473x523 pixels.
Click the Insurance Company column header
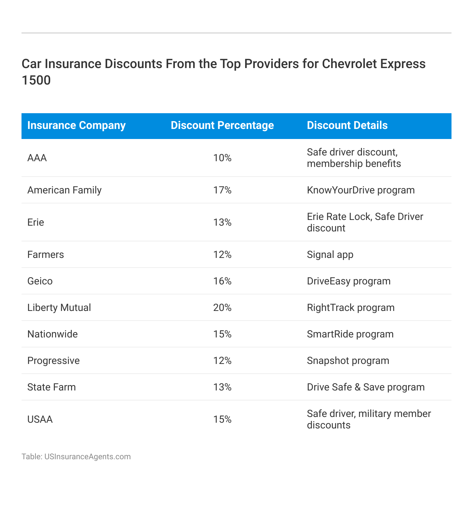click(x=76, y=125)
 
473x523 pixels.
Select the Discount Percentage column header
click(x=222, y=125)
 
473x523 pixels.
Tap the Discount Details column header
click(x=347, y=125)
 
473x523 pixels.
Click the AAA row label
click(x=37, y=158)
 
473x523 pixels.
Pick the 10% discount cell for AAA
click(x=222, y=158)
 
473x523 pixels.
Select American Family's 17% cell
click(x=222, y=190)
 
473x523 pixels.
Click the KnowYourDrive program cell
click(x=361, y=190)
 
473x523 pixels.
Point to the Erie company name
click(x=36, y=222)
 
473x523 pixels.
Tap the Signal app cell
click(x=330, y=255)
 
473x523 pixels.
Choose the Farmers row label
click(x=46, y=255)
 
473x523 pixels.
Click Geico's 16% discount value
click(x=222, y=281)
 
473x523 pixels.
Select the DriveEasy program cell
click(x=349, y=281)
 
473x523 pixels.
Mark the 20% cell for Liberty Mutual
click(x=222, y=308)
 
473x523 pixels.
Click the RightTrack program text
click(x=351, y=308)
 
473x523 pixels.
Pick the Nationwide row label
click(x=52, y=334)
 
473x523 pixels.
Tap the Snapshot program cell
click(x=348, y=361)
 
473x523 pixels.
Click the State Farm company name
click(x=52, y=387)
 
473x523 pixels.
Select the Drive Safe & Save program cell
click(x=366, y=387)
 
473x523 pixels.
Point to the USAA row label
click(x=40, y=419)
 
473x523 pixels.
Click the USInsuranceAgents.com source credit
click(x=76, y=457)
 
